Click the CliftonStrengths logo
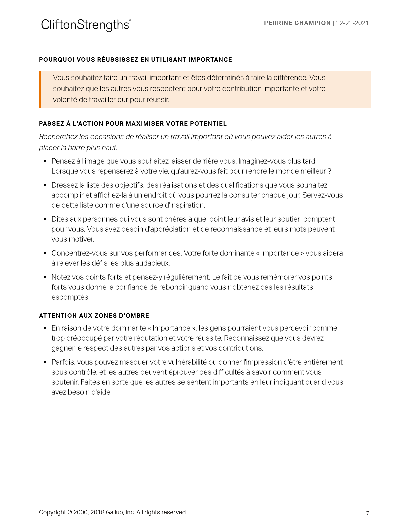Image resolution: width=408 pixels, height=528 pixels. (x=86, y=25)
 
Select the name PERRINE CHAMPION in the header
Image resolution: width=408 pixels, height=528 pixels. (x=297, y=23)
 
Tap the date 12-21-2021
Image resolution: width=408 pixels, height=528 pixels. (x=352, y=23)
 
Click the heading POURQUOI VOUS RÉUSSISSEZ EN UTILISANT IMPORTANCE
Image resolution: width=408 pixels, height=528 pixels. (x=135, y=60)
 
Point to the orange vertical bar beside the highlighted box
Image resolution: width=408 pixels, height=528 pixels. (x=40, y=89)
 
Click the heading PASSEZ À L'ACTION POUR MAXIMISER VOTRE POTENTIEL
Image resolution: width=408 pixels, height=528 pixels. (x=133, y=124)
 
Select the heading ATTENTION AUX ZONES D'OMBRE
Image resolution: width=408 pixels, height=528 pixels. (x=94, y=316)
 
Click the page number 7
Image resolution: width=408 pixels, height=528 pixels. (x=367, y=513)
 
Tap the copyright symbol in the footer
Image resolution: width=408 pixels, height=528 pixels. (x=70, y=512)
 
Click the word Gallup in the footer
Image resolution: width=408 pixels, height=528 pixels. (x=114, y=512)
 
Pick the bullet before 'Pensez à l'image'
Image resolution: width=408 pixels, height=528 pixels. (x=45, y=161)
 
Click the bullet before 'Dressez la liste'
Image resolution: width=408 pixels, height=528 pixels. (x=45, y=185)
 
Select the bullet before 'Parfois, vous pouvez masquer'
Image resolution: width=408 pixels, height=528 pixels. (x=45, y=362)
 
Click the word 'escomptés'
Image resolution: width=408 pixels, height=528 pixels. (x=70, y=297)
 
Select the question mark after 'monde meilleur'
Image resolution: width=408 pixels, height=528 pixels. (x=329, y=171)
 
